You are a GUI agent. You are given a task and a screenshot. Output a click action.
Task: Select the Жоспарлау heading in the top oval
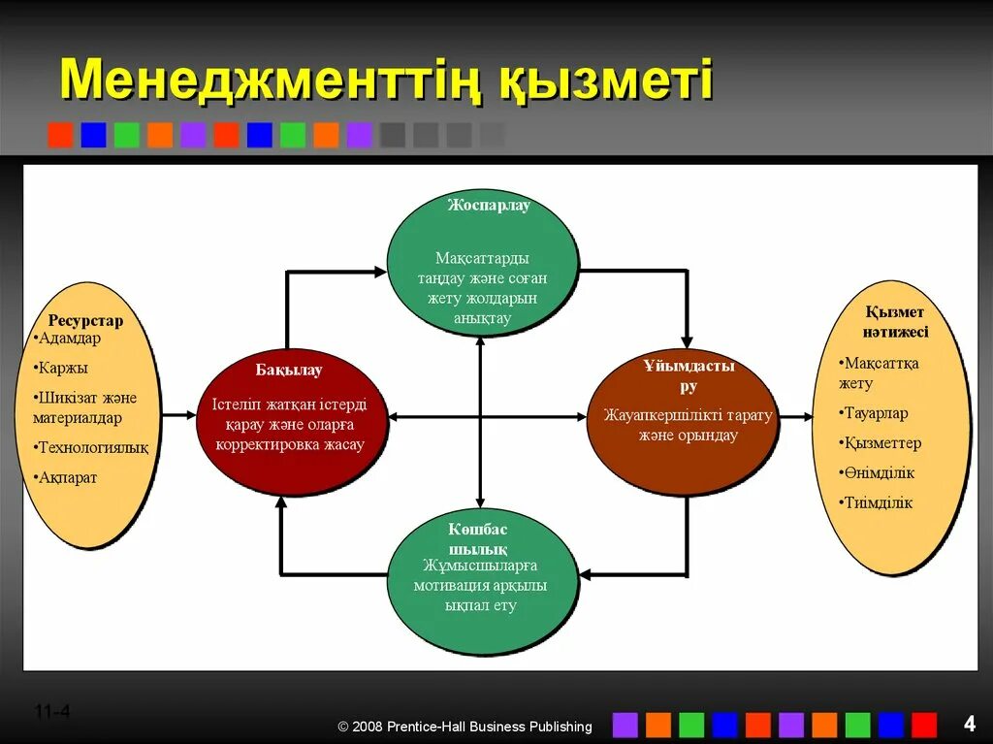click(x=489, y=206)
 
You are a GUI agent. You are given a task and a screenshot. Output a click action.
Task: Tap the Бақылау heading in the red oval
click(x=289, y=370)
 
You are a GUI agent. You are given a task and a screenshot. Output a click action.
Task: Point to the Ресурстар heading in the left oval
click(x=85, y=321)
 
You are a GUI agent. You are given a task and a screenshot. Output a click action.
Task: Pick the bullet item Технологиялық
click(x=93, y=447)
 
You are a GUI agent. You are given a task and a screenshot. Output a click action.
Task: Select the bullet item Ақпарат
click(x=67, y=477)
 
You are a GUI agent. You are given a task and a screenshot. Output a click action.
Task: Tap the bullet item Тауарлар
click(x=876, y=413)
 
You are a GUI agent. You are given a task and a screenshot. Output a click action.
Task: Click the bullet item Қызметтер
click(x=881, y=443)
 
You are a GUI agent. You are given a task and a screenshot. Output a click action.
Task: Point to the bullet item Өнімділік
click(x=879, y=473)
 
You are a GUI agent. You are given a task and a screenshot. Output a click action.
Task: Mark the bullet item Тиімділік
click(x=878, y=503)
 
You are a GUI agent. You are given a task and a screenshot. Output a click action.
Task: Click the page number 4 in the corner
click(x=969, y=723)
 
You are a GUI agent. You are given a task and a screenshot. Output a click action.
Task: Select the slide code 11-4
click(x=52, y=712)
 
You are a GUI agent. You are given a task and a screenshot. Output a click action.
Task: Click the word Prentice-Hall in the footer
click(x=432, y=727)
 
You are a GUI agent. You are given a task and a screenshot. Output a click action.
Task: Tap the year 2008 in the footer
click(x=368, y=727)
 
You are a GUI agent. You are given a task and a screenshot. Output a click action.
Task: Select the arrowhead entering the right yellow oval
click(x=807, y=417)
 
